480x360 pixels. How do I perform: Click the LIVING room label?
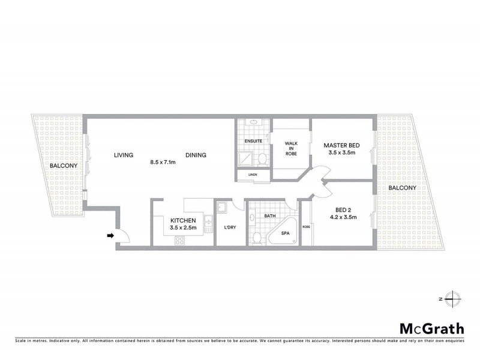[x=124, y=155]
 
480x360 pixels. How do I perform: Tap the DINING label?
[x=196, y=155]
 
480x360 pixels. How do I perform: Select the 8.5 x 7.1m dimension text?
[x=163, y=162]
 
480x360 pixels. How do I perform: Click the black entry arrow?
[x=110, y=236]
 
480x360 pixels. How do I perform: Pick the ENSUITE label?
[x=253, y=141]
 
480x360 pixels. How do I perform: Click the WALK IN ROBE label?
[x=290, y=149]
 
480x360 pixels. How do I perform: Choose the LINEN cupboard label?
[x=253, y=175]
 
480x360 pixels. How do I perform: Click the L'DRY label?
[x=230, y=227]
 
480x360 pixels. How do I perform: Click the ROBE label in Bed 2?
[x=306, y=226]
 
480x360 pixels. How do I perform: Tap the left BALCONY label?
[x=62, y=166]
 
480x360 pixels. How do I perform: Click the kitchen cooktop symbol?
[x=179, y=241]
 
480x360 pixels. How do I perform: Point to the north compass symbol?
[x=454, y=298]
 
